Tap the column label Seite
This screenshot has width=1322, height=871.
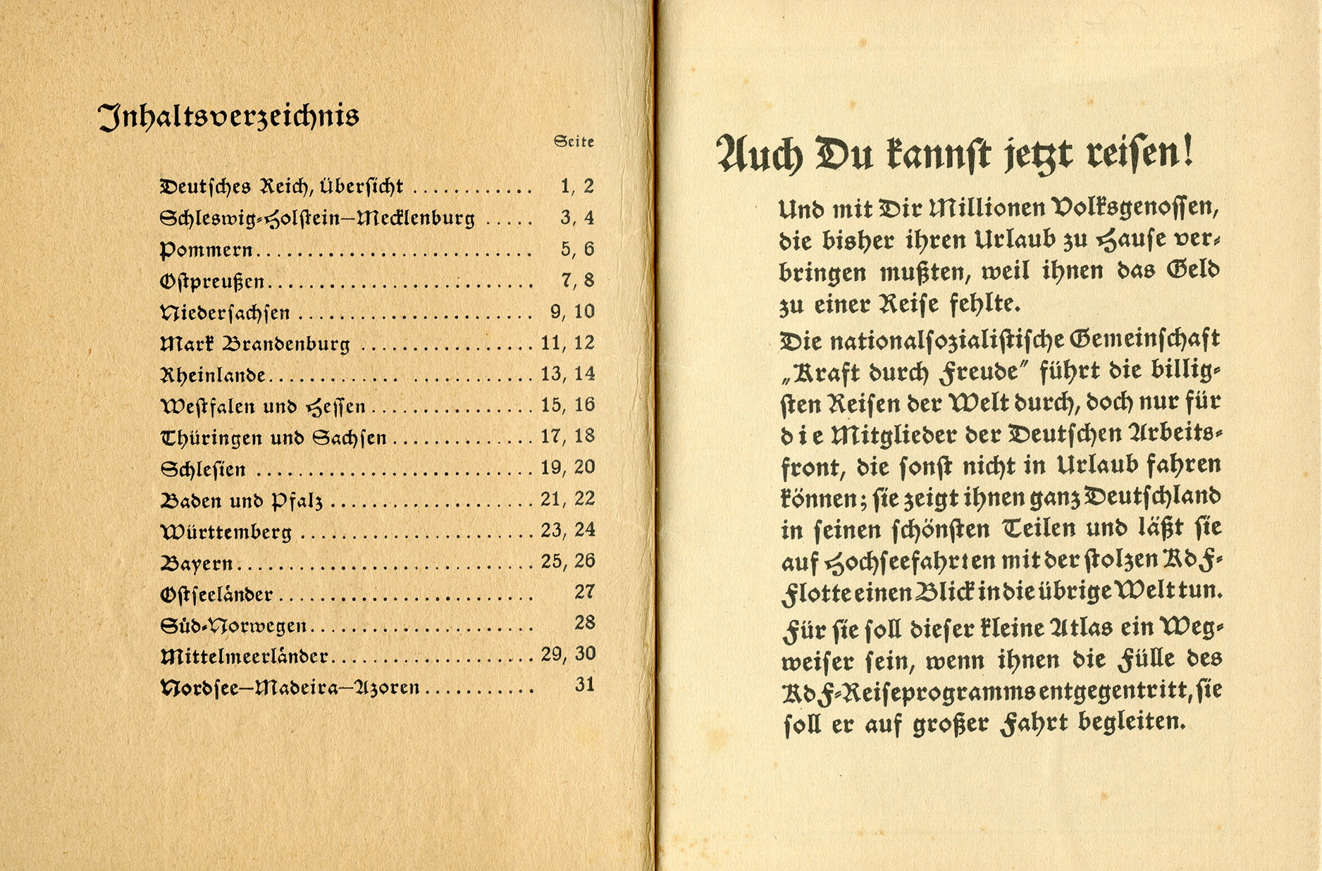point(574,142)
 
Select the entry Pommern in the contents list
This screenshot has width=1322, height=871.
point(206,249)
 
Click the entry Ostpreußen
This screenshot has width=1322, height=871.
point(212,281)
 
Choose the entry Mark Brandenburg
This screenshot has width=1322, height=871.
point(255,344)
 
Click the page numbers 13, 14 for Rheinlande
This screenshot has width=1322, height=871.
point(568,373)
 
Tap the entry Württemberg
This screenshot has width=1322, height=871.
point(226,531)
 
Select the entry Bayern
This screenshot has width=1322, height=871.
point(197,563)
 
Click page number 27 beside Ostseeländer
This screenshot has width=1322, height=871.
point(585,591)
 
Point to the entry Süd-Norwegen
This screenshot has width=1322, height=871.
point(233,625)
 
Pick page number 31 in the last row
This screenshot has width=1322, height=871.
point(585,684)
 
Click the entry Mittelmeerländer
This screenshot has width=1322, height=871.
point(245,657)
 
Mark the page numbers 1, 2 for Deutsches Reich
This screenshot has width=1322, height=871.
point(577,186)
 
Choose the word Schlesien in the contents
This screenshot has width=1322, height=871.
point(204,469)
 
